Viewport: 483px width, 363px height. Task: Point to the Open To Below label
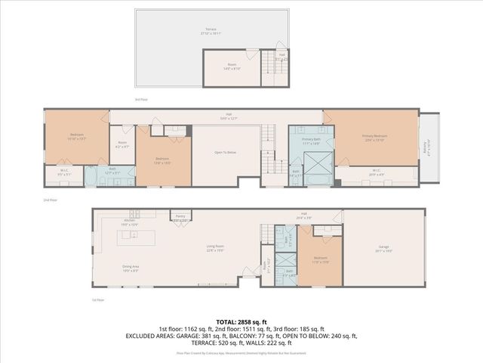(x=226, y=152)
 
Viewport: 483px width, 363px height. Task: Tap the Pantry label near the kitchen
(x=181, y=216)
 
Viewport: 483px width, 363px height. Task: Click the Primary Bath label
(x=312, y=141)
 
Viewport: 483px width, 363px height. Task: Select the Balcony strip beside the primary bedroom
(x=428, y=147)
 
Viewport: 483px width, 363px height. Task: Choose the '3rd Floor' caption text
(x=140, y=99)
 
